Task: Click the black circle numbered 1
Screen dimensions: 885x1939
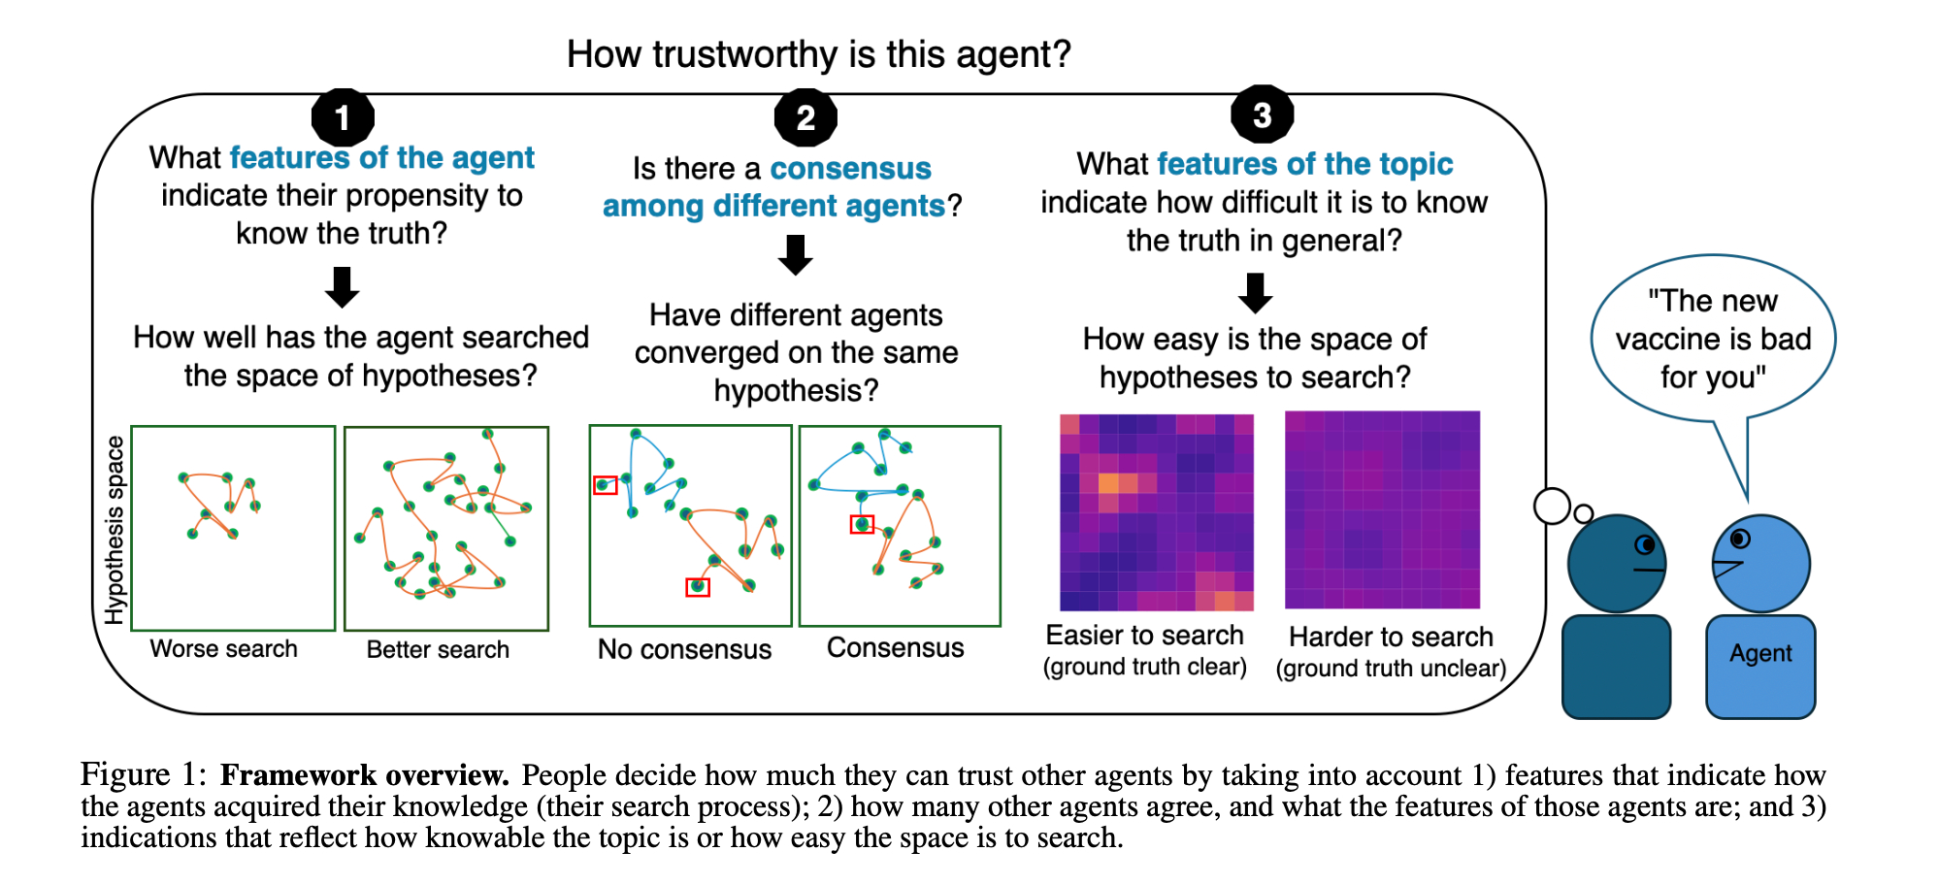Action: pos(342,118)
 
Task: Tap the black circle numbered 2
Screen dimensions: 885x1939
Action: pos(805,118)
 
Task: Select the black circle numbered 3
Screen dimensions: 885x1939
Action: pos(1262,115)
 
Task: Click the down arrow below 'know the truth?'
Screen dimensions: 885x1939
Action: pos(342,287)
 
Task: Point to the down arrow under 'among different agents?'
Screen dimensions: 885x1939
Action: pos(796,255)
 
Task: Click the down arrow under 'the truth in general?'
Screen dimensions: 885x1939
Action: pos(1256,292)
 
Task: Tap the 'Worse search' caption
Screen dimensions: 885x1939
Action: pos(223,649)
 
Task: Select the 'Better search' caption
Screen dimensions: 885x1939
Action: pos(438,650)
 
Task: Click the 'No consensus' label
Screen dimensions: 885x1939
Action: pos(684,649)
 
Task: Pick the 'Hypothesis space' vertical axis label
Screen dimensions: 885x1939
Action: pos(115,530)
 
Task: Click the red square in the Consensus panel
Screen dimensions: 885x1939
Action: pos(862,525)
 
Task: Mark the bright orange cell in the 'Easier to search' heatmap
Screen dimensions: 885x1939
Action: pos(1109,483)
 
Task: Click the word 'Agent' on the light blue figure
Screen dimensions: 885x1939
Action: pos(1760,653)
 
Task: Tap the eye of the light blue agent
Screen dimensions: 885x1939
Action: pos(1740,539)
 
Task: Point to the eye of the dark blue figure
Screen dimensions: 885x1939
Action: pos(1645,544)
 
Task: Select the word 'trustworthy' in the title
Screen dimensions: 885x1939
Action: pos(745,54)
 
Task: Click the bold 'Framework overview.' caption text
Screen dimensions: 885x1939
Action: pos(364,775)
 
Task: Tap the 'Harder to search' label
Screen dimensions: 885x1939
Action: pos(1391,637)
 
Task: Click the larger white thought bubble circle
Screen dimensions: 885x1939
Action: pos(1552,506)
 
